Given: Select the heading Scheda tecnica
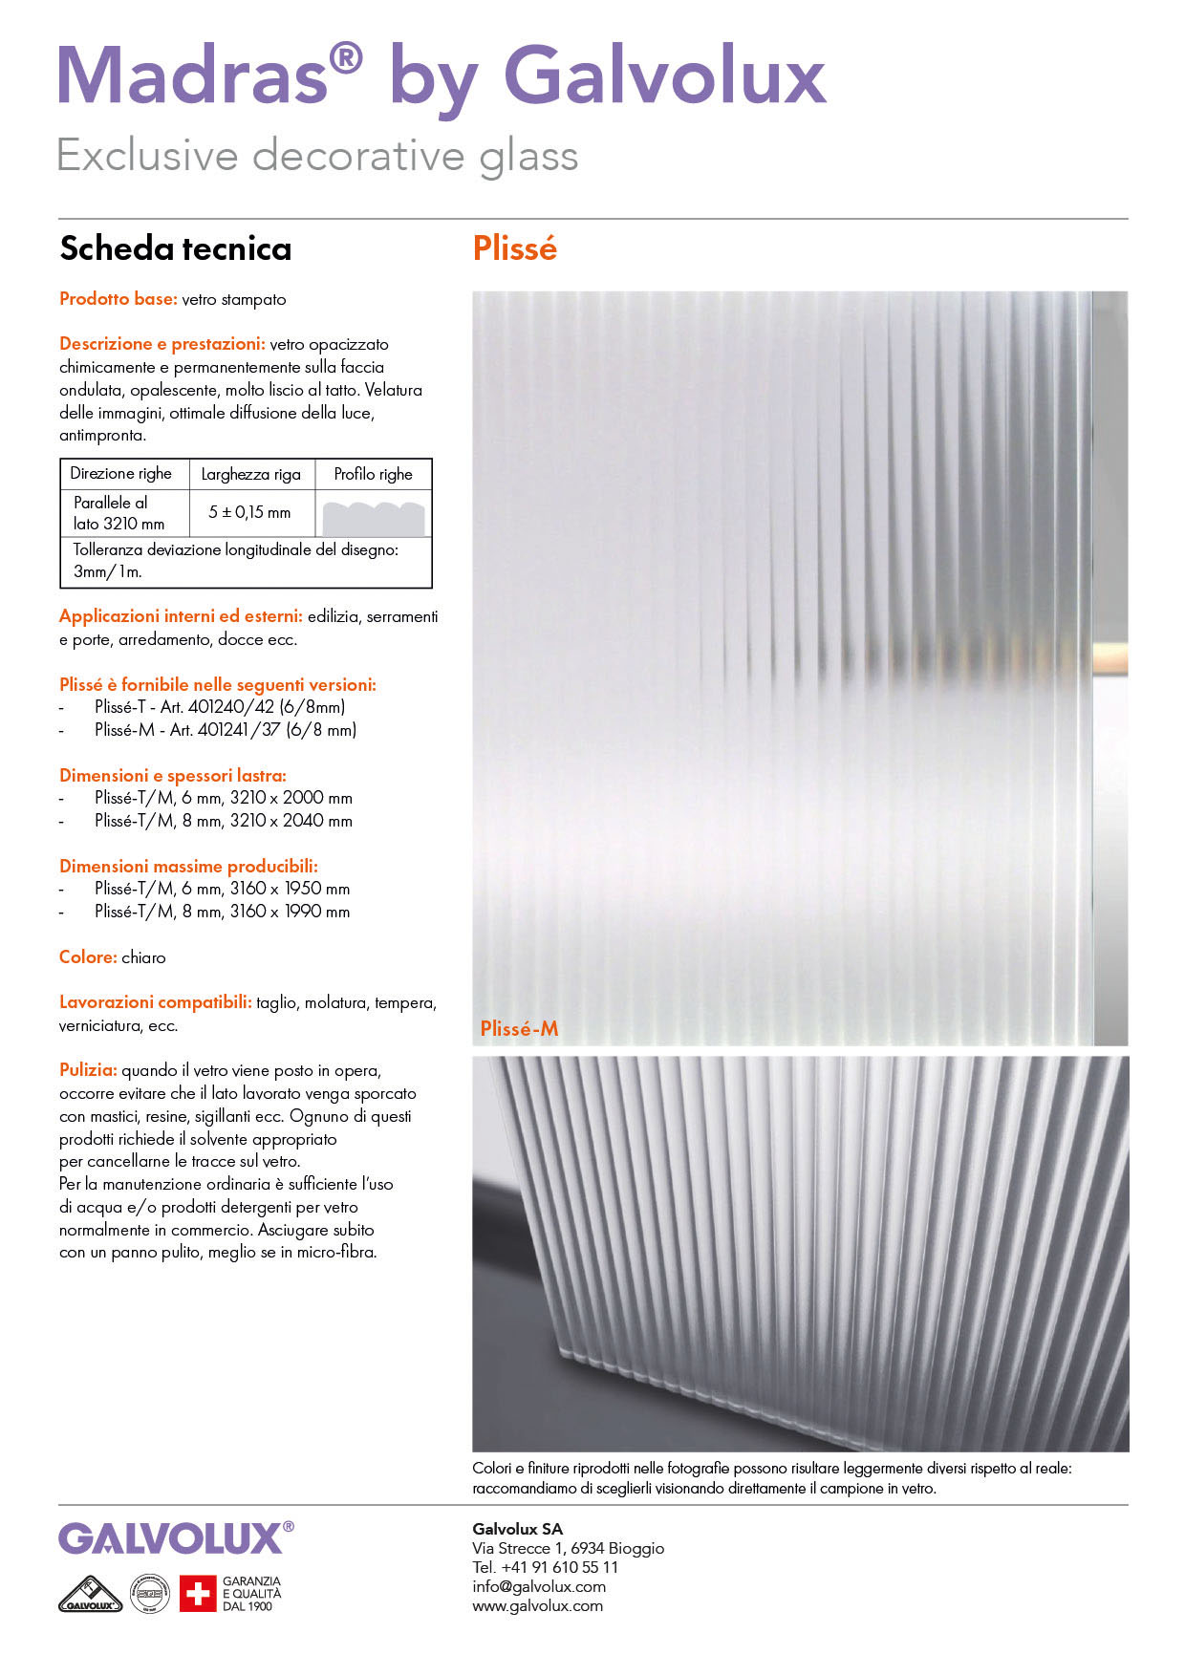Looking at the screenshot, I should pyautogui.click(x=175, y=248).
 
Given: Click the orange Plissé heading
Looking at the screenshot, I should pyautogui.click(x=514, y=248).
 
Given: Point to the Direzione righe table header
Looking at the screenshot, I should pyautogui.click(x=120, y=474).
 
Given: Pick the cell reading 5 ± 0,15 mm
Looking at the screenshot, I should pyautogui.click(x=249, y=512).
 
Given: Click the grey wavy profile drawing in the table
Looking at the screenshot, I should pyautogui.click(x=373, y=517).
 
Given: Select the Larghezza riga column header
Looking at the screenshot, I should pyautogui.click(x=250, y=474).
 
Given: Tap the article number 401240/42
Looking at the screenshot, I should pyautogui.click(x=231, y=707).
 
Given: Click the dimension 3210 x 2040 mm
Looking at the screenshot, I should pyautogui.click(x=291, y=821).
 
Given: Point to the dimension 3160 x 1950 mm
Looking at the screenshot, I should pyautogui.click(x=290, y=889).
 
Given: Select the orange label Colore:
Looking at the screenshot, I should pyautogui.click(x=88, y=957).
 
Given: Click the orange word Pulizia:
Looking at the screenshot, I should pyautogui.click(x=88, y=1070).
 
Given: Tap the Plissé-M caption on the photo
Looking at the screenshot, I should pyautogui.click(x=519, y=1028).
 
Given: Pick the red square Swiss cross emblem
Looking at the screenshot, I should pyautogui.click(x=198, y=1594).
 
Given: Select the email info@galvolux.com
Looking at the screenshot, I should pyautogui.click(x=539, y=1586).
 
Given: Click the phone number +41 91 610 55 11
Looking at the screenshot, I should pyautogui.click(x=559, y=1567).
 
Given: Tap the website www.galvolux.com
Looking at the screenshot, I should pyautogui.click(x=537, y=1605).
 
